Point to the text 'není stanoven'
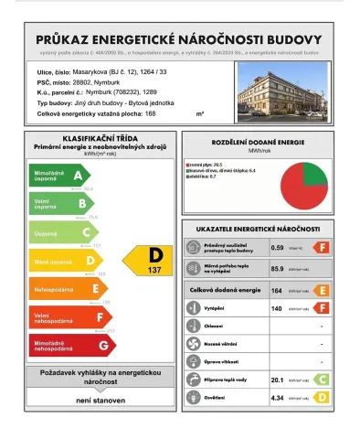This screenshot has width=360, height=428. click(93, 401)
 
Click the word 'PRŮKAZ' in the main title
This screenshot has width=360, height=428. click(67, 39)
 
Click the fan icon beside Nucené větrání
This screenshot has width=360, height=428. click(193, 344)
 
